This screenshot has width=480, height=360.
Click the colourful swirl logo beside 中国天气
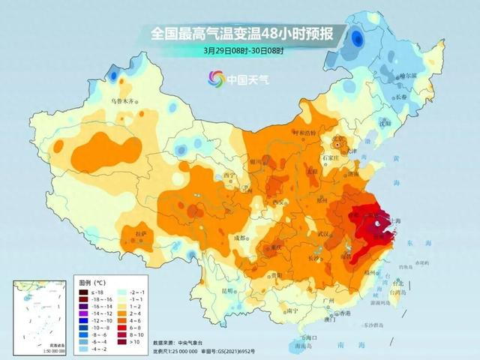(217, 78)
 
